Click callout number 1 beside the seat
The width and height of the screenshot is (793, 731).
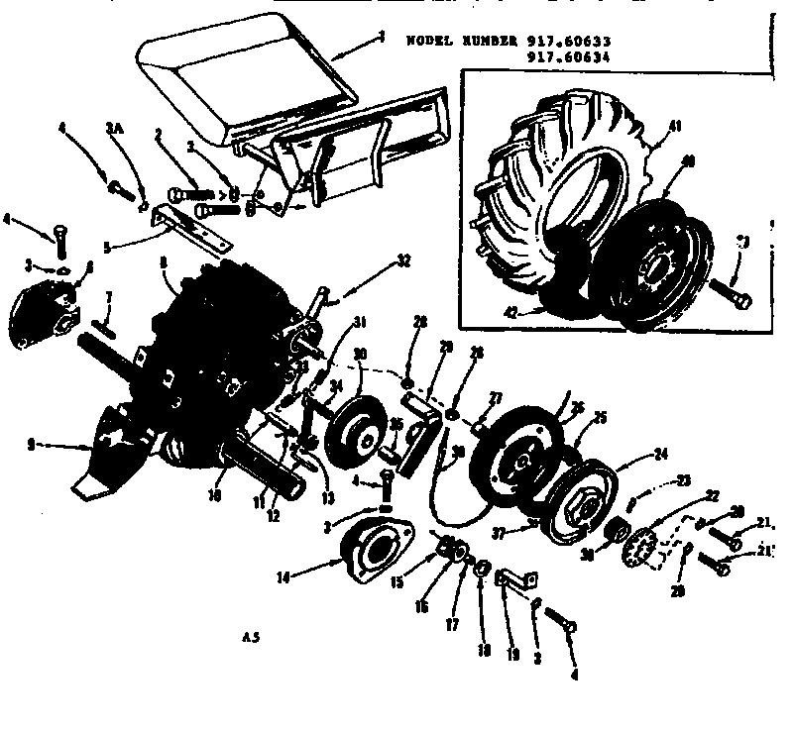click(x=381, y=38)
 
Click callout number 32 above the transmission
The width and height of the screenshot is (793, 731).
click(x=402, y=262)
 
